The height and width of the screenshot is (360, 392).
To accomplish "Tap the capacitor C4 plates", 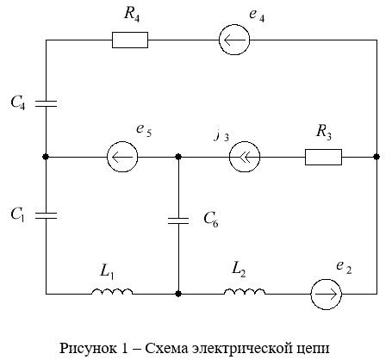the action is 46,103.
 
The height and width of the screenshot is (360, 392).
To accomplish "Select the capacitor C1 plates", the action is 46,215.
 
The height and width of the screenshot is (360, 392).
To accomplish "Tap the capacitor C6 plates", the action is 178,220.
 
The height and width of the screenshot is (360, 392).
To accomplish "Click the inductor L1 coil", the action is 112,291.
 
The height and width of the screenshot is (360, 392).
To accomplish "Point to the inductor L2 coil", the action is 245,291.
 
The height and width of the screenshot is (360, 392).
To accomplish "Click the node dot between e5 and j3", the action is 178,157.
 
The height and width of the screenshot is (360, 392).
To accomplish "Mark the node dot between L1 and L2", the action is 178,294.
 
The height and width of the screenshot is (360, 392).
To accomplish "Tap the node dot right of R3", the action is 376,157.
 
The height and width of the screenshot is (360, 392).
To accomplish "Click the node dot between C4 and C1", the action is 46,157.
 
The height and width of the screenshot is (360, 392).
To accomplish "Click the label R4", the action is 132,14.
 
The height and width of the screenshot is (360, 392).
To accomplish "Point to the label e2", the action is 344,267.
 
